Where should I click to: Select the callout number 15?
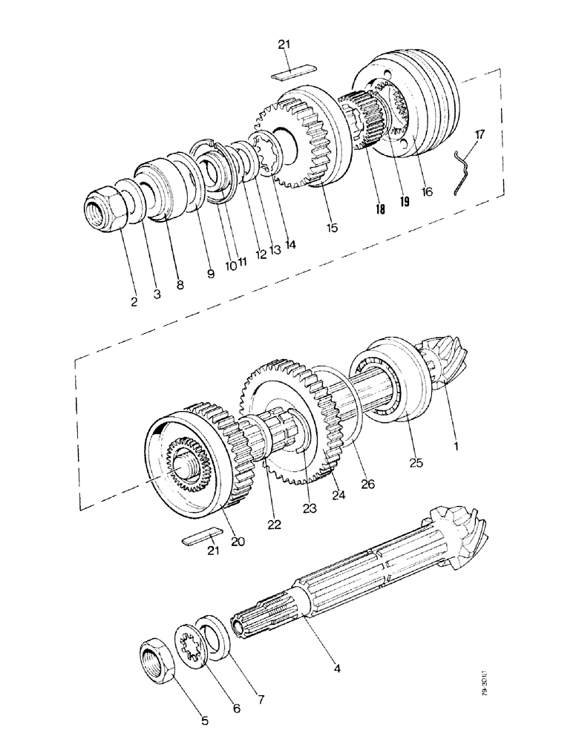332,228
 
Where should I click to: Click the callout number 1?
455,446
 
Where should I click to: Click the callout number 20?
238,542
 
